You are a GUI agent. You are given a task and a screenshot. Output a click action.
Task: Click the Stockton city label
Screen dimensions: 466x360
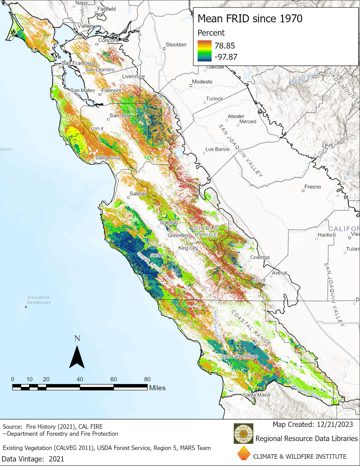[x=176, y=45]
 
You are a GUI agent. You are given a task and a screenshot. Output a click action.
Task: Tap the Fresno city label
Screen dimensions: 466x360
[x=313, y=187]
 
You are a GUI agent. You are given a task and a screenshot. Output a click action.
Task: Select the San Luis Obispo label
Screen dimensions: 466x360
[x=239, y=356]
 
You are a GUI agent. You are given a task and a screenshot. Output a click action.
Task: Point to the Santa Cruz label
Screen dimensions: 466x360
[x=108, y=157]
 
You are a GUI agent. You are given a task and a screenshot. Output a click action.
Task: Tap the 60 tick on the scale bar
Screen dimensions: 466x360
[x=114, y=379]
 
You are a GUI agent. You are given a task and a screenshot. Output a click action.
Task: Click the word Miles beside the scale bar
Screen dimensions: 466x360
[x=157, y=388]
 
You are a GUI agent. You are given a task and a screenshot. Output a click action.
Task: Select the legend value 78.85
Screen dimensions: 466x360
[x=224, y=46]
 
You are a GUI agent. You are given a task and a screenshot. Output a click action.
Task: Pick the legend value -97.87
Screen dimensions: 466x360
[x=226, y=57]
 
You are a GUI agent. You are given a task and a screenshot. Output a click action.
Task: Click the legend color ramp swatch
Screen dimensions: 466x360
[x=204, y=51]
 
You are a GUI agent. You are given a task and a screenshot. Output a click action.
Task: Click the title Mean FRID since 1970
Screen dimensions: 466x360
[x=250, y=19]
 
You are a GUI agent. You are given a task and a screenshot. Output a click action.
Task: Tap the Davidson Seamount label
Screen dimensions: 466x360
[x=39, y=300]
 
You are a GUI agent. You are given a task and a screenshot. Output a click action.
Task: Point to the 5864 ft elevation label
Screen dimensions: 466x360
[x=157, y=255]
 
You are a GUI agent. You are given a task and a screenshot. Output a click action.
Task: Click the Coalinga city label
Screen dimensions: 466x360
[x=260, y=257]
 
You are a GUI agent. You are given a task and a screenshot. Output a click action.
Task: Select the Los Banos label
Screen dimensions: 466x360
[x=217, y=149]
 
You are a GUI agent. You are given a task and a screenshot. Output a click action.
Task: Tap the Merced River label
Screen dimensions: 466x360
[x=304, y=78]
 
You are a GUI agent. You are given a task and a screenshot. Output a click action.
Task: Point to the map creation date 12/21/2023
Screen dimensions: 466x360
[x=335, y=424]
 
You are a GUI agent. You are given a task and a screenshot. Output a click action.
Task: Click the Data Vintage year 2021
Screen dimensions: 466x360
[x=56, y=459]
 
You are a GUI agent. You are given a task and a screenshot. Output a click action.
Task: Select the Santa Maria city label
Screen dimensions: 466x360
[x=256, y=395]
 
